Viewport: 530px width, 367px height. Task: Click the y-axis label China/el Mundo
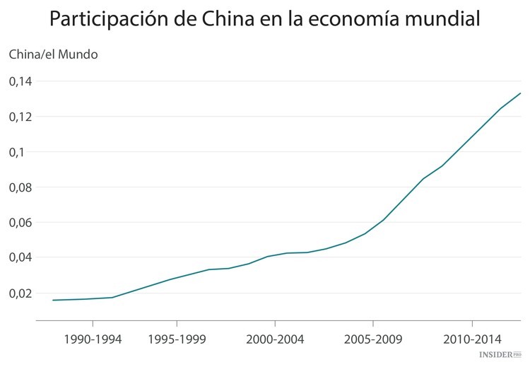click(53, 54)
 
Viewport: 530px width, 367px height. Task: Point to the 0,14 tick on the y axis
click(20, 81)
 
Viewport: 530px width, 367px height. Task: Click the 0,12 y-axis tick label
click(20, 117)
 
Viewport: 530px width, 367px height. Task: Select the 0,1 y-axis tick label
click(17, 152)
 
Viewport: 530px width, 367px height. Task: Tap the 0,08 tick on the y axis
click(20, 187)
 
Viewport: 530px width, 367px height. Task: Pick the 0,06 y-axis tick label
click(20, 222)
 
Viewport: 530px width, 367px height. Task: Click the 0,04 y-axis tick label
click(20, 257)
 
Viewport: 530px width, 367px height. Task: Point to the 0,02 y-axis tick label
click(20, 293)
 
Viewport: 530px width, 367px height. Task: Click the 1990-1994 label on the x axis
click(93, 339)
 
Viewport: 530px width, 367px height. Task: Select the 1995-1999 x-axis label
click(177, 339)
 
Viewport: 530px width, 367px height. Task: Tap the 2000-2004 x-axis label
click(275, 339)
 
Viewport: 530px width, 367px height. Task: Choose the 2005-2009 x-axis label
click(373, 339)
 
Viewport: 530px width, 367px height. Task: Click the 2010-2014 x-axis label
click(472, 339)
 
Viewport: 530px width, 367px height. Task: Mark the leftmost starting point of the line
click(53, 300)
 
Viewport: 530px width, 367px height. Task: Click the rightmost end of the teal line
click(520, 93)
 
